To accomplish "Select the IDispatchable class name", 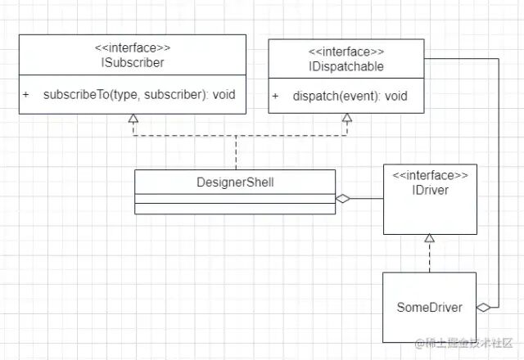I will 349,65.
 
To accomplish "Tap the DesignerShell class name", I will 235,181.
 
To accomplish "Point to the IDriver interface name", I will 430,190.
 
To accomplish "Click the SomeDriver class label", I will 429,308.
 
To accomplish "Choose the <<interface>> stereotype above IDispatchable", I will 349,51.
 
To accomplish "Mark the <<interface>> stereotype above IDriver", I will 430,176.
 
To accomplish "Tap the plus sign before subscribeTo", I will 25,94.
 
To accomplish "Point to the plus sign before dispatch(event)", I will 276,96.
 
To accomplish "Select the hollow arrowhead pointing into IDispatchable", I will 347,119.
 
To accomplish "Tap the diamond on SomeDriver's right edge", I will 485,307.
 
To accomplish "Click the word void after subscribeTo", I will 223,94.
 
